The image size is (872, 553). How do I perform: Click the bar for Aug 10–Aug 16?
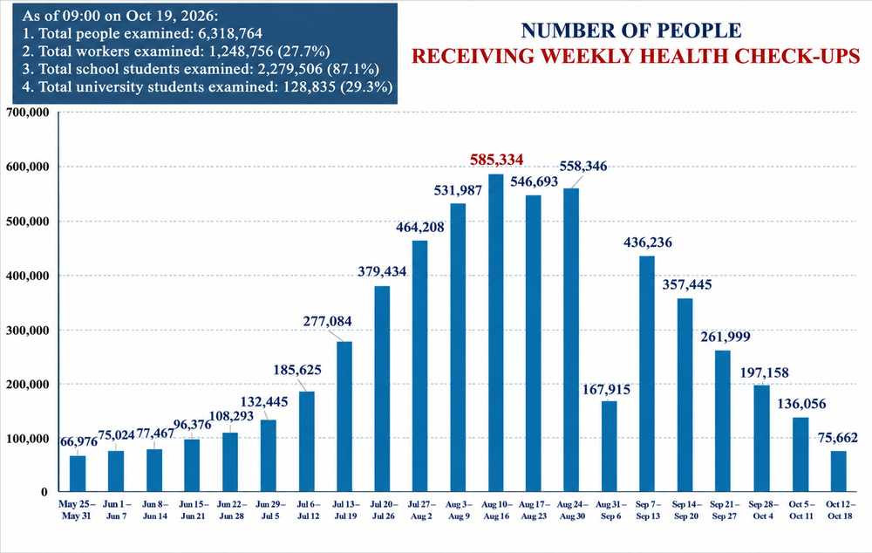click(496, 332)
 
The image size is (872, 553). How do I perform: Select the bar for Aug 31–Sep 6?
click(610, 447)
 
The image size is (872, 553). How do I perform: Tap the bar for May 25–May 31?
click(78, 474)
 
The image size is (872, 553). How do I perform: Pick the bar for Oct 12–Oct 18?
click(839, 471)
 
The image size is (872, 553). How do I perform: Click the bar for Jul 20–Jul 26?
click(382, 389)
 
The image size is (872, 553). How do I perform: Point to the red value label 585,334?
click(497, 160)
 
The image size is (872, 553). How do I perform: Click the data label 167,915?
click(606, 389)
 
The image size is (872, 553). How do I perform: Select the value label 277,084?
click(327, 321)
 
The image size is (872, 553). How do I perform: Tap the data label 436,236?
click(647, 242)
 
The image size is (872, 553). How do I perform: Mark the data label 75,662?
click(837, 438)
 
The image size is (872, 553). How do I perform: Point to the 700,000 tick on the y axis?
click(28, 113)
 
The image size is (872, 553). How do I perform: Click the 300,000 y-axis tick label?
click(28, 330)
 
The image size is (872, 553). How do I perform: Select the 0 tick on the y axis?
click(44, 492)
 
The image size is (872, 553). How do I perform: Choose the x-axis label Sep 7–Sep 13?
click(648, 510)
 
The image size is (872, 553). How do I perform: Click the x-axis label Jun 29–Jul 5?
click(270, 510)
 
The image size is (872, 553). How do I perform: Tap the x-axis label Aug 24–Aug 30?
click(572, 510)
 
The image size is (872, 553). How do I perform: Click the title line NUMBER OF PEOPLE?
click(631, 31)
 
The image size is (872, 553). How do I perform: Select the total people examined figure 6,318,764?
click(230, 33)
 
